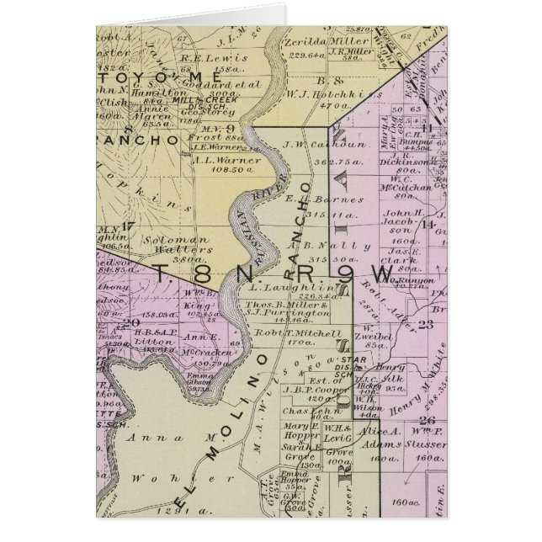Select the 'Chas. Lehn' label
click(x=306, y=411)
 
